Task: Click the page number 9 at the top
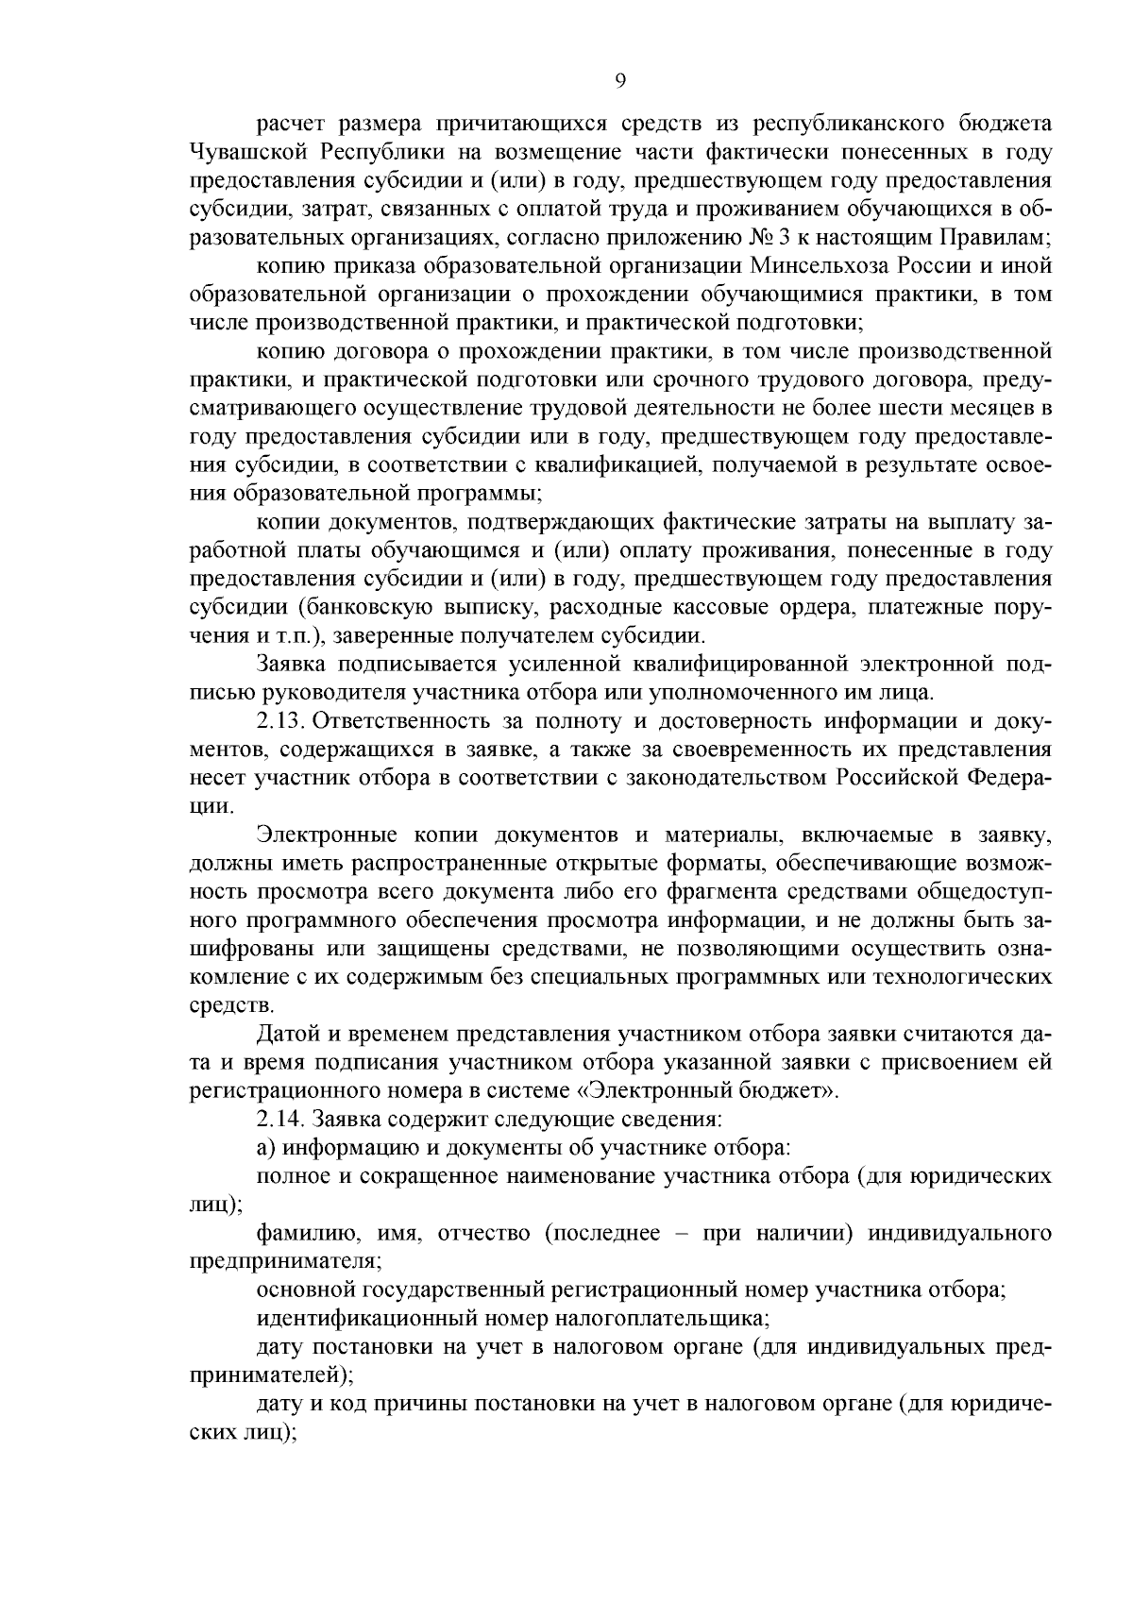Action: pos(620,81)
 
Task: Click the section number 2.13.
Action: pos(279,722)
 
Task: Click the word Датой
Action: pos(289,1034)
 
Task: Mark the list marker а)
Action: pos(266,1148)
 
